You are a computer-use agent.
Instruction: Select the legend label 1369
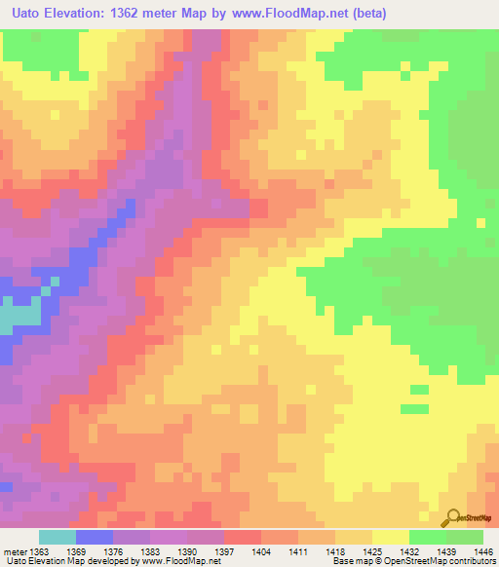[x=77, y=551]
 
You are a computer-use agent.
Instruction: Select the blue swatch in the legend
[x=95, y=537]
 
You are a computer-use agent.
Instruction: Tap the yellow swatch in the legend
[x=391, y=537]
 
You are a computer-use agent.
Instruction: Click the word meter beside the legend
[x=15, y=551]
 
